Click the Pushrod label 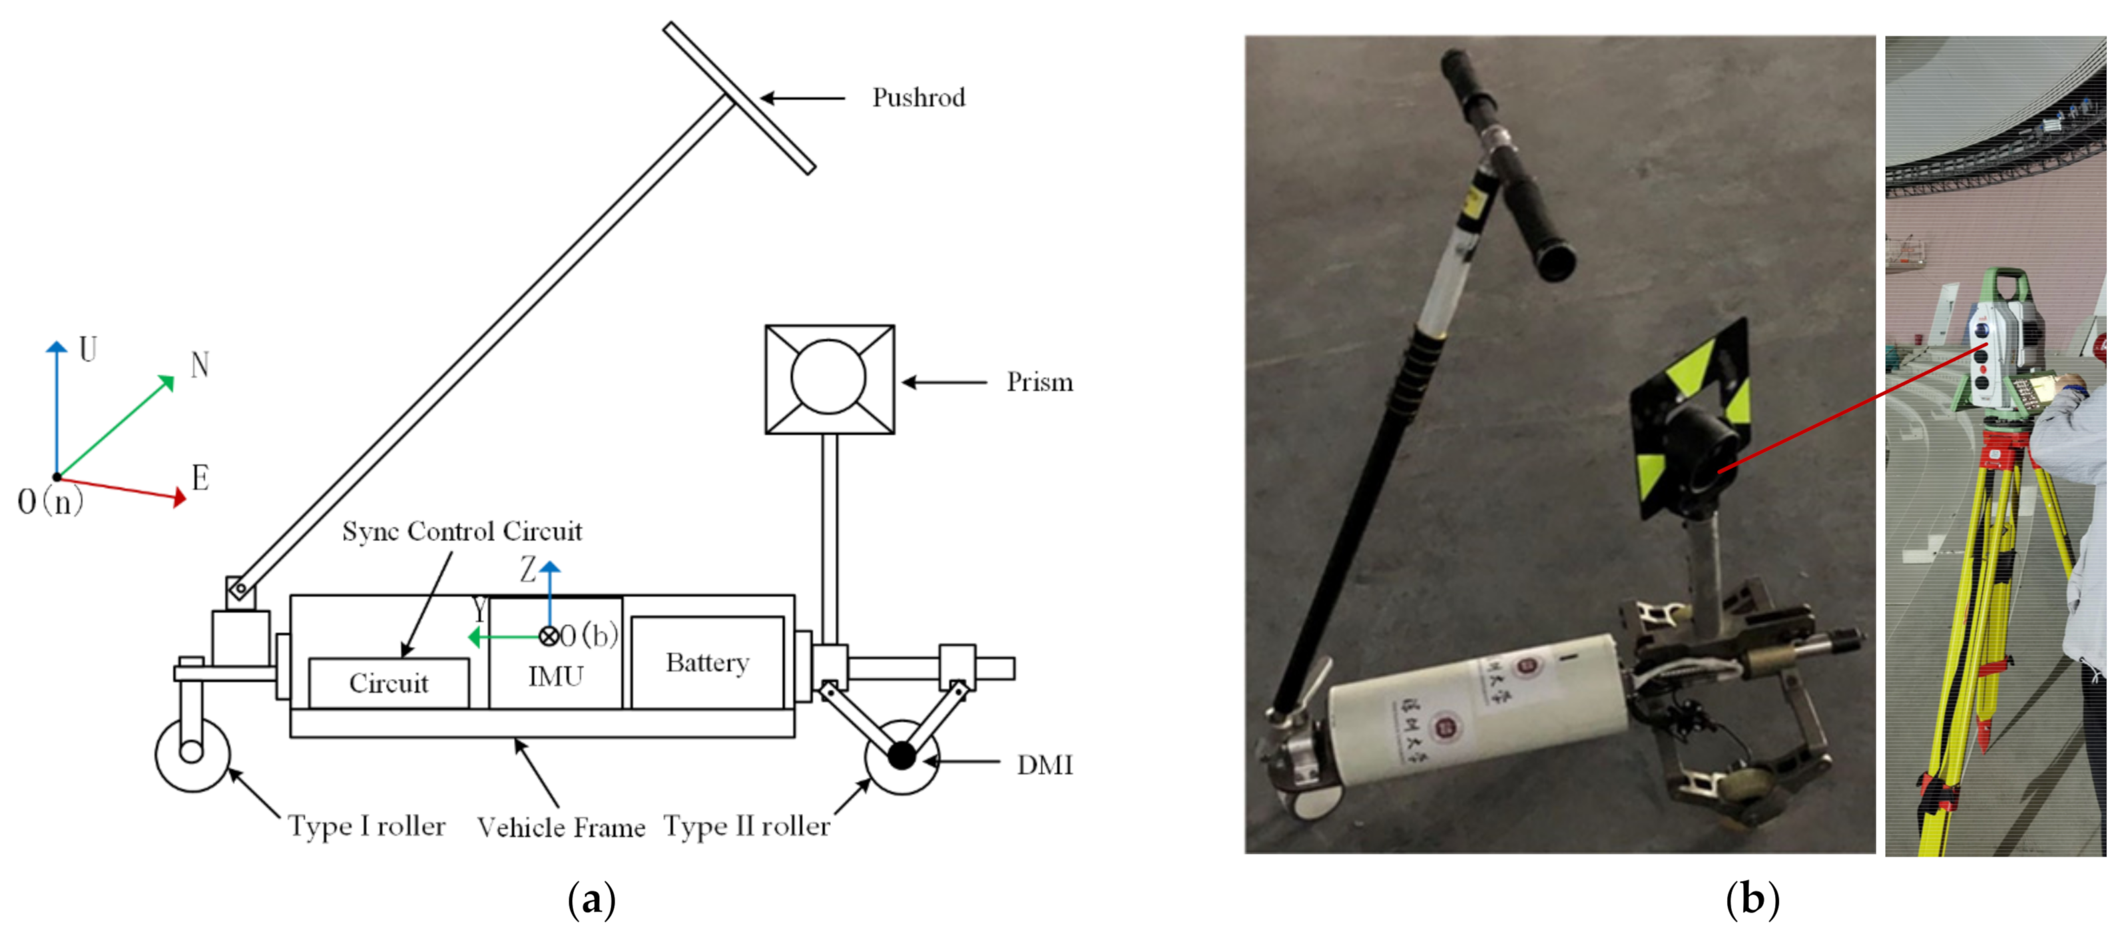click(918, 98)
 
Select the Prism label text click(1039, 382)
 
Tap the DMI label click(1044, 765)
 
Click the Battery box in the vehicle click(707, 662)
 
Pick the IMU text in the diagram click(555, 677)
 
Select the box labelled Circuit click(389, 683)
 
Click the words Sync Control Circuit click(461, 531)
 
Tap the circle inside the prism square click(828, 377)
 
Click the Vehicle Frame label click(561, 827)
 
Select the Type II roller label click(746, 826)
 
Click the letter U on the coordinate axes click(87, 350)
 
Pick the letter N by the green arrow click(200, 365)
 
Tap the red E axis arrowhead click(178, 498)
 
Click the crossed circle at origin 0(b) click(549, 636)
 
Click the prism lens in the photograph click(1700, 450)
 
